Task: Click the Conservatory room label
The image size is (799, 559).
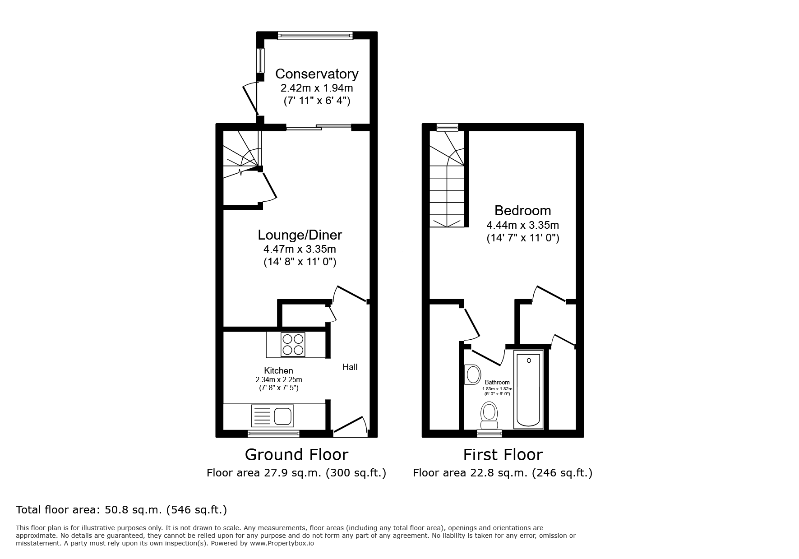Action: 317,74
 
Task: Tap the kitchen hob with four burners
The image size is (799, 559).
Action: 293,344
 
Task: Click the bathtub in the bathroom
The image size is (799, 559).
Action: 528,391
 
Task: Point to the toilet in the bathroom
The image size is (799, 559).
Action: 489,416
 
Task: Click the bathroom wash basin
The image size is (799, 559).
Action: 472,374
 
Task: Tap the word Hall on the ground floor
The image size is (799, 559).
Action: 350,367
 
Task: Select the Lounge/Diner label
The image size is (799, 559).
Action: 300,235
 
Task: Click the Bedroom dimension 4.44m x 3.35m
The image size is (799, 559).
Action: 522,225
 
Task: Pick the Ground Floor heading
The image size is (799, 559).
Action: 296,454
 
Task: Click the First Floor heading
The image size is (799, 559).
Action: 503,454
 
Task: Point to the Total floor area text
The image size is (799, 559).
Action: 121,510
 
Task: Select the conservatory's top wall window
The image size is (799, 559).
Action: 315,35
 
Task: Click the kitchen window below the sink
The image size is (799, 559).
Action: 273,434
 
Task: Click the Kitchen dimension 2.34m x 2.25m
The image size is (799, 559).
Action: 278,379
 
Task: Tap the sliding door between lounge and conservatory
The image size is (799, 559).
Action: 319,128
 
